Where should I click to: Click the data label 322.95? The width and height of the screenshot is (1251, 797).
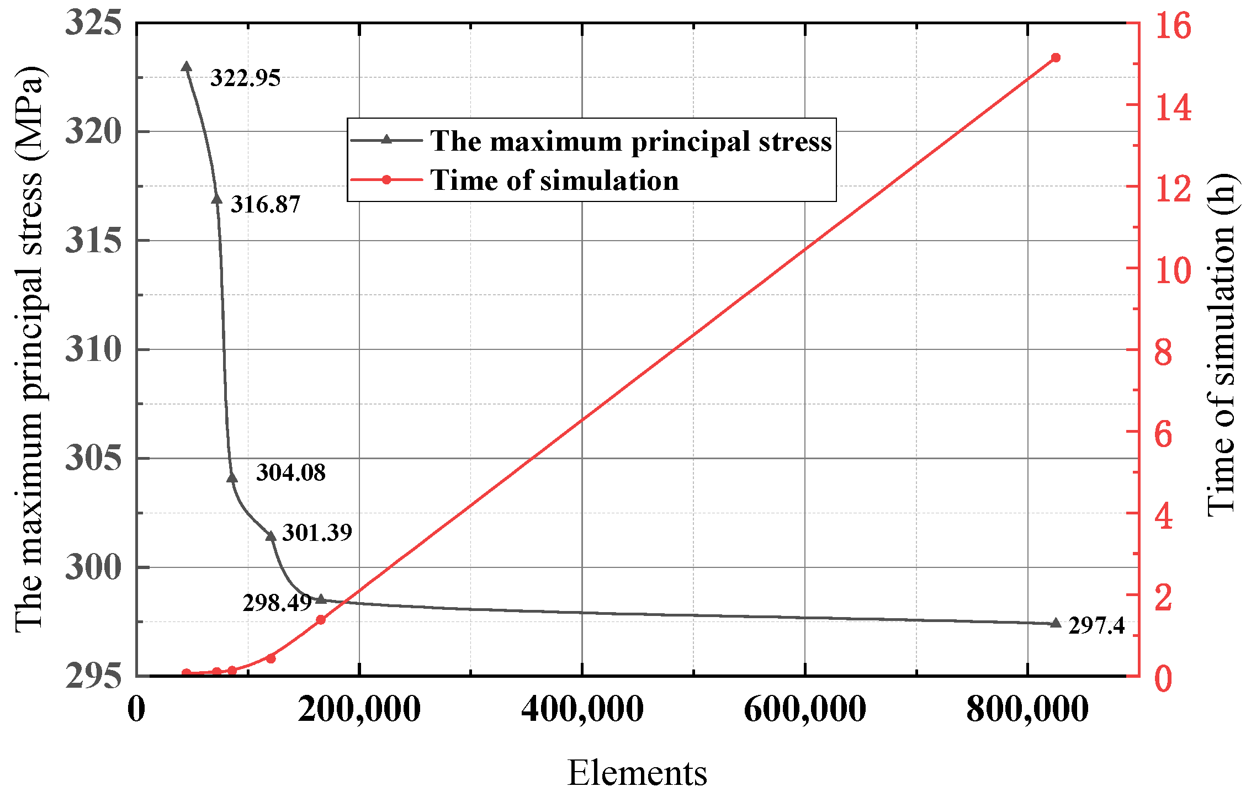(245, 78)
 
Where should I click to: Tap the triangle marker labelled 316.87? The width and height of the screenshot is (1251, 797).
(216, 199)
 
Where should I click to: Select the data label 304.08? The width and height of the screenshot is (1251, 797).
(291, 472)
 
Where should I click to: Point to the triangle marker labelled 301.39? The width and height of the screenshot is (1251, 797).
(271, 535)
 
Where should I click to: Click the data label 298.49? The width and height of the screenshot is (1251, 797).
(277, 603)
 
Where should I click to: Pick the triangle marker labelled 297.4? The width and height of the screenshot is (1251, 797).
(1056, 623)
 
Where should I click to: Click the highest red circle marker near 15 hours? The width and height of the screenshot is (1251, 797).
(1056, 57)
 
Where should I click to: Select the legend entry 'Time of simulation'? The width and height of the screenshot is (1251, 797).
(554, 180)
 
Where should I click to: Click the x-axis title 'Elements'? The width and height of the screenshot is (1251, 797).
(637, 773)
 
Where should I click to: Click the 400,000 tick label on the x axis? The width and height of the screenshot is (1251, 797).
(582, 709)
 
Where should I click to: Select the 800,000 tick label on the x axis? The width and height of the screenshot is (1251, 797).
(1027, 709)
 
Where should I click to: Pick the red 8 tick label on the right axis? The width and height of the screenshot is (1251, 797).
(1163, 352)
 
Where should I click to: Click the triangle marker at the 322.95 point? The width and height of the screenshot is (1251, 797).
(187, 67)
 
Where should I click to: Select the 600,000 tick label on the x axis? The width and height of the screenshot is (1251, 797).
(804, 709)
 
